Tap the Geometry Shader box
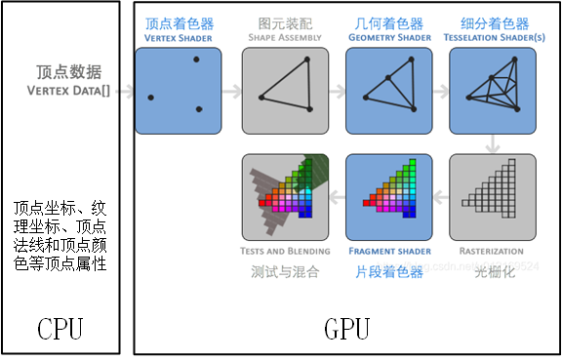point(386,91)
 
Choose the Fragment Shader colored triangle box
point(386,196)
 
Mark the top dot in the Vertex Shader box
point(196,60)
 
